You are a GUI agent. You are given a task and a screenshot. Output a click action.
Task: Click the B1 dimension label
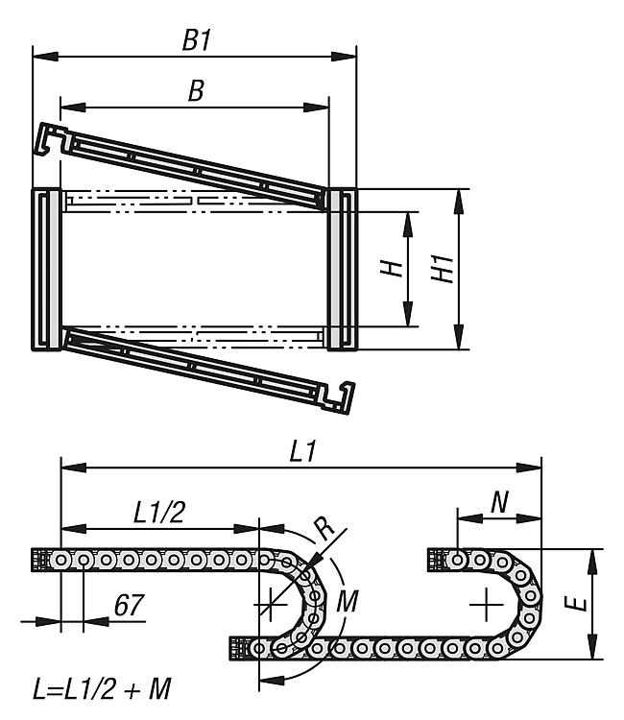(197, 40)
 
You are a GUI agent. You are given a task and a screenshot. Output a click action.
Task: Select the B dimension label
(196, 90)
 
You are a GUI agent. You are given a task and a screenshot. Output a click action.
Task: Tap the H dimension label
(392, 268)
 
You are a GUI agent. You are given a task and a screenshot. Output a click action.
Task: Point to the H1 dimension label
(443, 269)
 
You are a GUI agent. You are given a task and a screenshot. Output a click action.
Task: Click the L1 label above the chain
(303, 451)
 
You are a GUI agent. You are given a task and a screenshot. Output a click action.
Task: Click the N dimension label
(499, 502)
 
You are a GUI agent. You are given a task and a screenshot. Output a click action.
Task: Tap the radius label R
(326, 528)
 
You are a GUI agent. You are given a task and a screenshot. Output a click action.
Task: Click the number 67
(129, 605)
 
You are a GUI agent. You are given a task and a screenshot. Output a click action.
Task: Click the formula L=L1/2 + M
(102, 689)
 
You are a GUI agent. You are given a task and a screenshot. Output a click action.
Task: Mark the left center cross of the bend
(271, 604)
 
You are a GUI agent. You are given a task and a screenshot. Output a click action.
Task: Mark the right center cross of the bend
(487, 604)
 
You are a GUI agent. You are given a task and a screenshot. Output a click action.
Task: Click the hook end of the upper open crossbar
(52, 137)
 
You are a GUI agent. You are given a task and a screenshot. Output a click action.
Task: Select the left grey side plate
(46, 270)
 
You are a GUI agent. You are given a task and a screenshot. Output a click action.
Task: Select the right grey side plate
(342, 270)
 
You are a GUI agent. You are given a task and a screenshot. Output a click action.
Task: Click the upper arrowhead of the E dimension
(592, 562)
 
